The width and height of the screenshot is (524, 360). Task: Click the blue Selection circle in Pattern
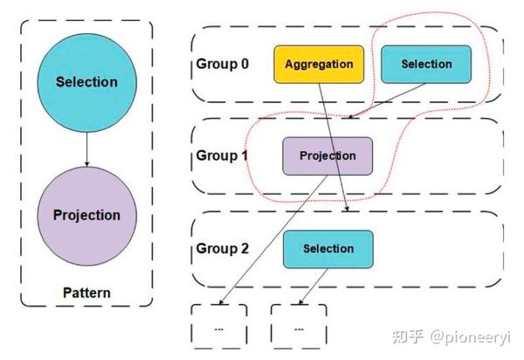tap(86, 82)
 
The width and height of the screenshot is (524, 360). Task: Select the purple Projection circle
tap(86, 215)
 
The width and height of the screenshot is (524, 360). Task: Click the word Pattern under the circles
tap(86, 292)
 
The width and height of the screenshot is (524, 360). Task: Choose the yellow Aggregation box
tap(319, 65)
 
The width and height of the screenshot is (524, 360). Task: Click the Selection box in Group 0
tap(426, 64)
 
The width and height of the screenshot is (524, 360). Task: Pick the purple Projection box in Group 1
tap(327, 156)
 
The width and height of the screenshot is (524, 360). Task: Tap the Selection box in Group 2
tap(327, 248)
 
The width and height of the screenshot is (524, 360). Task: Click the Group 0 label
tap(222, 65)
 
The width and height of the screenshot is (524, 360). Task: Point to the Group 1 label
tap(222, 156)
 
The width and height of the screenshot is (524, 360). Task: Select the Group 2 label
tap(222, 248)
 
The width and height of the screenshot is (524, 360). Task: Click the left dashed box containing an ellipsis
tap(219, 327)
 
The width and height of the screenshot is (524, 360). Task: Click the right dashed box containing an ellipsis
tap(299, 327)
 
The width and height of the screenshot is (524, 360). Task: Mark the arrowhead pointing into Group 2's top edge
tap(348, 210)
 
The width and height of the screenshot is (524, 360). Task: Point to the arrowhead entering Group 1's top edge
tap(348, 117)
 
